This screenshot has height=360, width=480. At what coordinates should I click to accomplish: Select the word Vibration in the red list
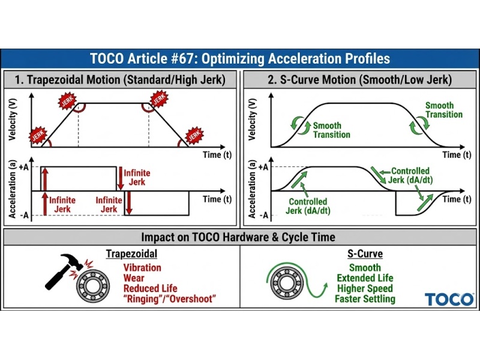pos(142,268)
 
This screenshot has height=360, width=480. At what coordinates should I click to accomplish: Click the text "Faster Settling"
pos(365,299)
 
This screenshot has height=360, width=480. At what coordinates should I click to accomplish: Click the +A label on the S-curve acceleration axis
pos(262,166)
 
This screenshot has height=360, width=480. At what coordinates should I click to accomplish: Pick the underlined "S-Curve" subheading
pos(365,254)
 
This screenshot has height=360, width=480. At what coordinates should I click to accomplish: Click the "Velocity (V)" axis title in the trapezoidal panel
pos(13,119)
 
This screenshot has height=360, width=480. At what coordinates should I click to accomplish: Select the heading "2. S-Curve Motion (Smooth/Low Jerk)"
pos(359,79)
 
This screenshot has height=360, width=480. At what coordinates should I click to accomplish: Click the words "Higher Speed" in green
pos(365,288)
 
